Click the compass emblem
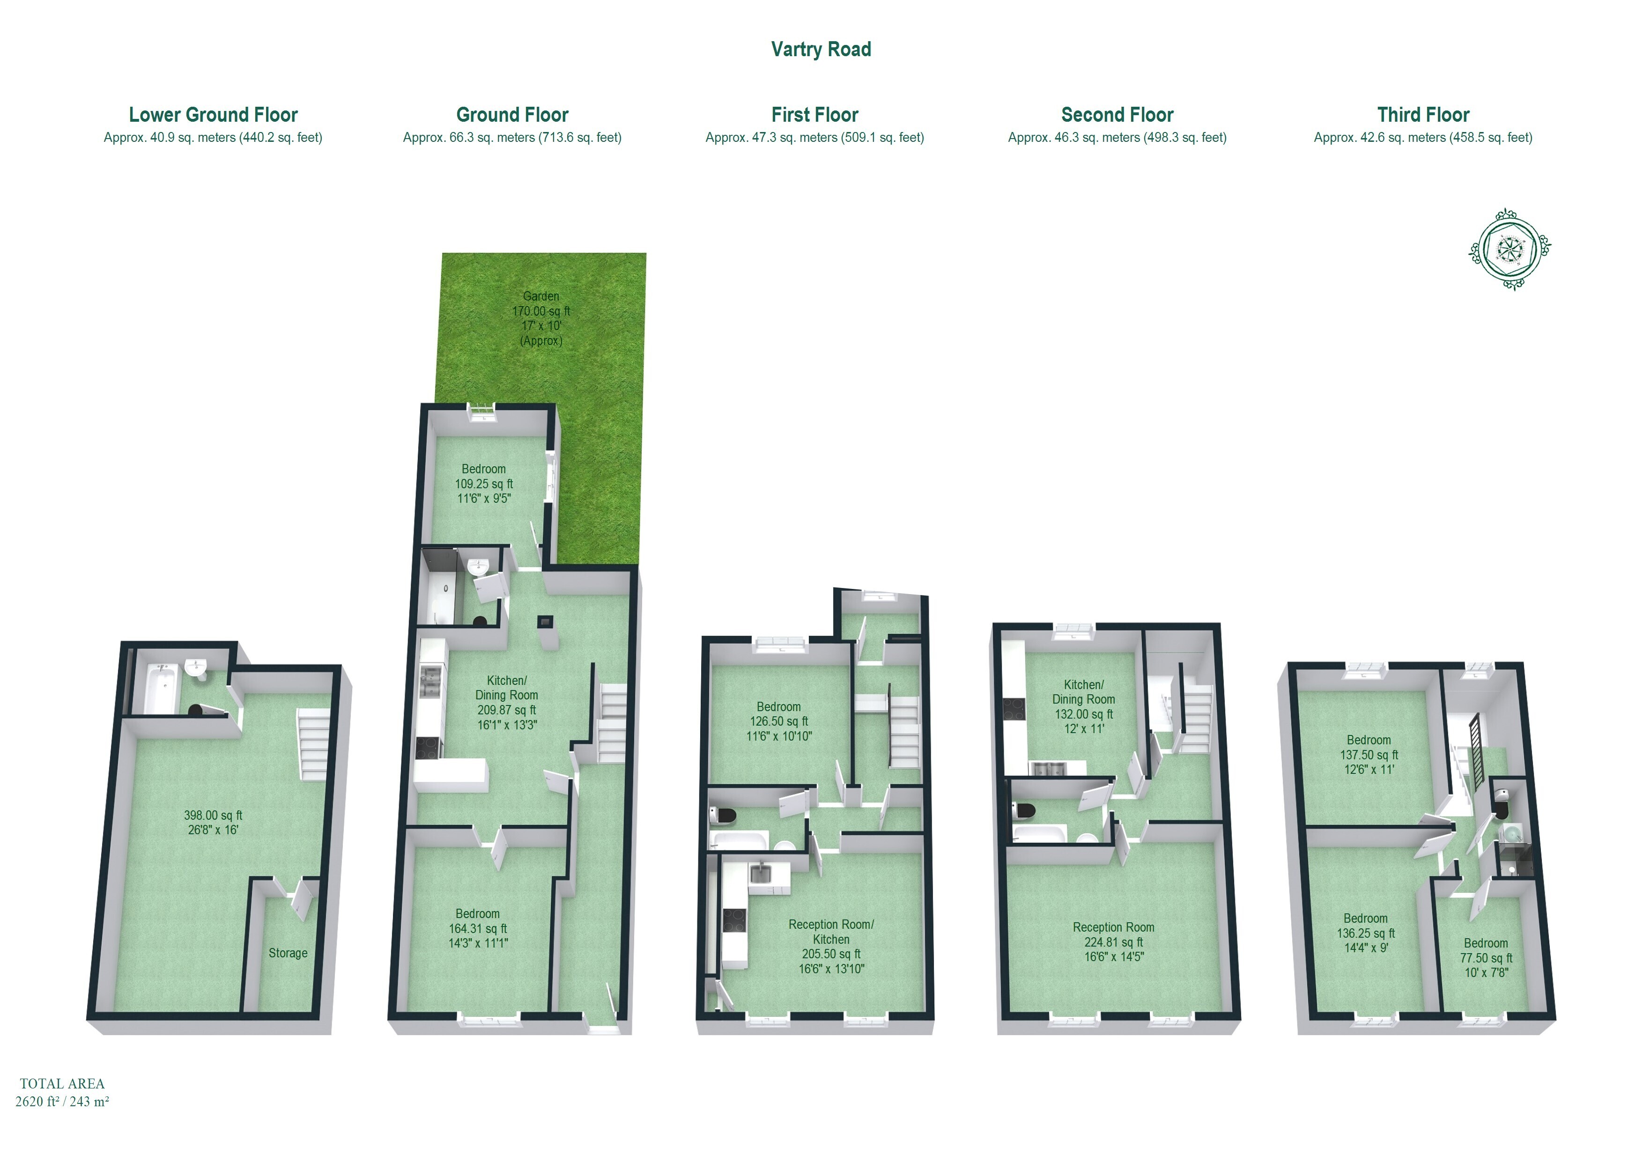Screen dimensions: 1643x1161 1510,248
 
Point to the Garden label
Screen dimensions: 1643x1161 541,296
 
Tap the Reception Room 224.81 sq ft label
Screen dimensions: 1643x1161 1113,941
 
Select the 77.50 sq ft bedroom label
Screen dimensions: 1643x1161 1486,957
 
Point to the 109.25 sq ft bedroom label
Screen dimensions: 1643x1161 484,484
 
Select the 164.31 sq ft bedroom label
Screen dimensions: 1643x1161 478,928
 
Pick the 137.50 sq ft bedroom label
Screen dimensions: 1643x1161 1369,755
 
